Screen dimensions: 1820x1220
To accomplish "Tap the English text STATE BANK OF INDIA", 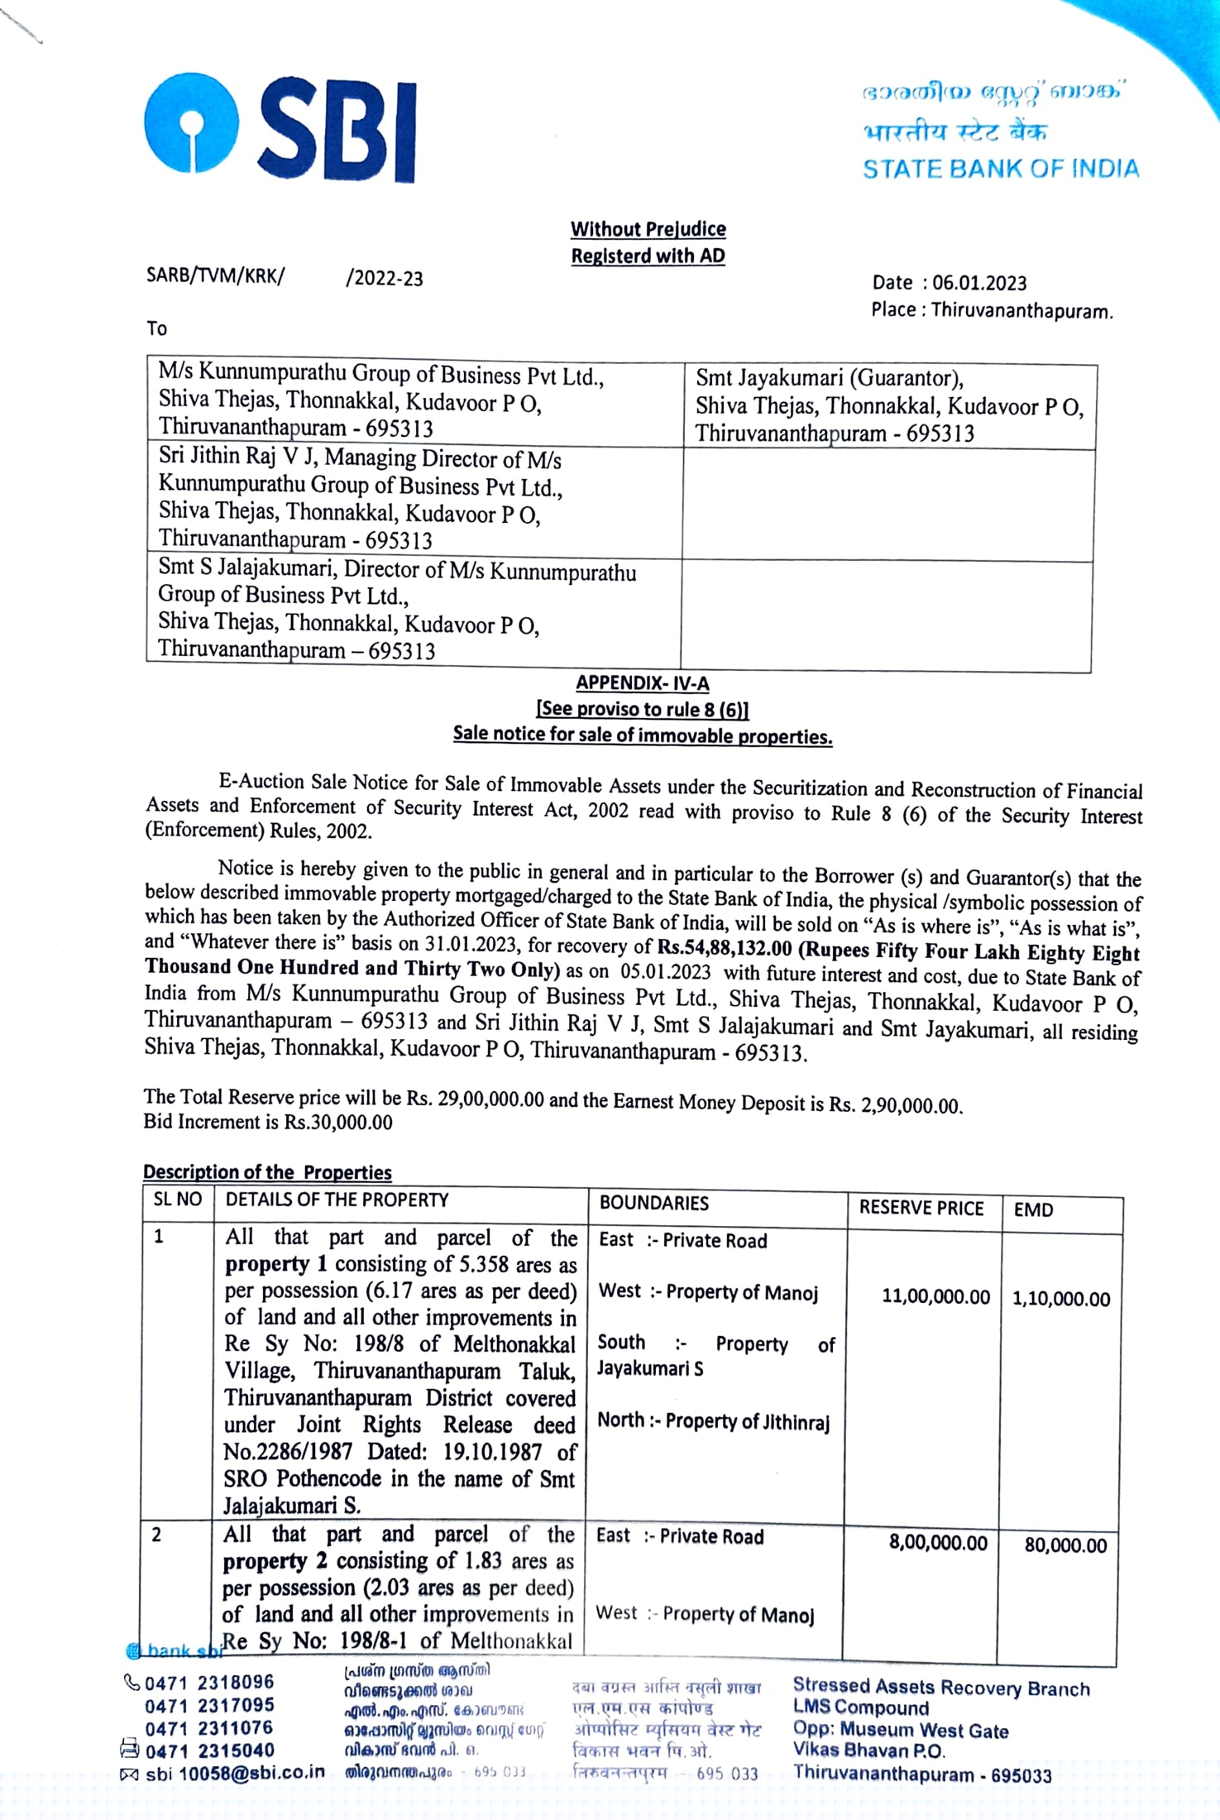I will pos(1001,169).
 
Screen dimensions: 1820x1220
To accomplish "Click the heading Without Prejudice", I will pos(648,229).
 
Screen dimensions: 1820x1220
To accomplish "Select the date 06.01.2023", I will pos(979,283).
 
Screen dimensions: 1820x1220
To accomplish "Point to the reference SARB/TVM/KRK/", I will pos(215,275).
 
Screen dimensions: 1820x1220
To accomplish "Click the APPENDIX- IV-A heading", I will pos(643,683).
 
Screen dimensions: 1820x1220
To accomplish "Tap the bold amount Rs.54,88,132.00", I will pos(725,948).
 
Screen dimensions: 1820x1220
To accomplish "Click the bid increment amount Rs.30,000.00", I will pos(338,1123).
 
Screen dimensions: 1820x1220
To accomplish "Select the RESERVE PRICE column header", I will pos(921,1208).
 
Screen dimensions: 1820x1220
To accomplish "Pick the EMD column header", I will pos(1033,1209).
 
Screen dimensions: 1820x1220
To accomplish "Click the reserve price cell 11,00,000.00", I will pos(935,1296).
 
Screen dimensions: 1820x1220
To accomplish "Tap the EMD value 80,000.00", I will pos(1065,1545).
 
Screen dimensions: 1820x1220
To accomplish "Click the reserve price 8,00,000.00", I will pos(938,1543).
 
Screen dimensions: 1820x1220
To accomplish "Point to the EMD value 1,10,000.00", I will pos(1061,1299).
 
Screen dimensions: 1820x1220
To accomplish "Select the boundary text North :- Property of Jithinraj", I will pos(713,1421).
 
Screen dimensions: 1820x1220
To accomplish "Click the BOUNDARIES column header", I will pos(654,1203).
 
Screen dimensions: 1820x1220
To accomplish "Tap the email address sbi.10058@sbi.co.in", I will pos(235,1773).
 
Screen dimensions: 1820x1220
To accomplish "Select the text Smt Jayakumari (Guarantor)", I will pos(829,379).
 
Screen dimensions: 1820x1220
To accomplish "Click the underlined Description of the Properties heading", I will pos(267,1172).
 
